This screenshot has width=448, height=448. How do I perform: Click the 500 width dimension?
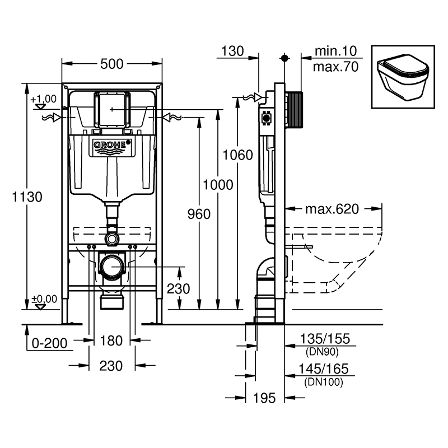tap(111, 64)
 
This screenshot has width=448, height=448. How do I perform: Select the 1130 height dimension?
tap(27, 197)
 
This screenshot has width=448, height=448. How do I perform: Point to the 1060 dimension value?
tap(237, 155)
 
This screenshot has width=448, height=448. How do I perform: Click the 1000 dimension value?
tap(218, 185)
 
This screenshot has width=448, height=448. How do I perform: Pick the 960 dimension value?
tap(199, 214)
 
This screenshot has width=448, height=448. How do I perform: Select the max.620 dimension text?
tap(332, 209)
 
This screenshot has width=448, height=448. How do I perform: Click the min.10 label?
tap(335, 51)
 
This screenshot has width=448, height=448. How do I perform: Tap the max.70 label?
tap(335, 67)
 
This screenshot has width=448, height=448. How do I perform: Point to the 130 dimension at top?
tap(232, 51)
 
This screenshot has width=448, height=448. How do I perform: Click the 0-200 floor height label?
tap(49, 343)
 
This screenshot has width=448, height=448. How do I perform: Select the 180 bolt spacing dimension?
tap(111, 340)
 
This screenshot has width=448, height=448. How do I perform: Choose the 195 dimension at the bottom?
tap(264, 398)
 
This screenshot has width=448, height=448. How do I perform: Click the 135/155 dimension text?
tap(325, 339)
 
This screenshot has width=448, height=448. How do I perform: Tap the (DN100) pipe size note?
tap(324, 382)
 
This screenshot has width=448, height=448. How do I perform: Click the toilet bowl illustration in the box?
tap(403, 77)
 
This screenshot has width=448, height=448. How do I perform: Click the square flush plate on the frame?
tap(112, 109)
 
